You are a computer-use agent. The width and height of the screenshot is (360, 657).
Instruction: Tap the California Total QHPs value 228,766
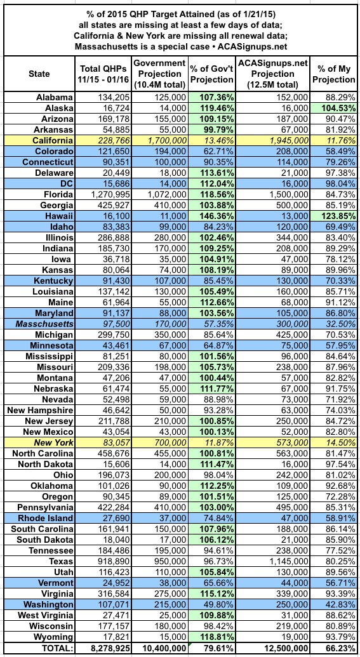113,139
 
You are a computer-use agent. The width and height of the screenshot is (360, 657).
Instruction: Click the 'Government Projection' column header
159,74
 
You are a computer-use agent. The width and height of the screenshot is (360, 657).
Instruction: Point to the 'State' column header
39,74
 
